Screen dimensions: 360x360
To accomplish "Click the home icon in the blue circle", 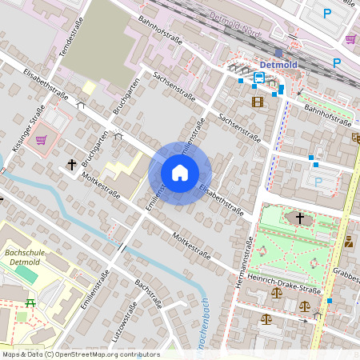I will [x=180, y=173].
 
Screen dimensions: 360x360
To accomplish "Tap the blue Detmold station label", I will [x=278, y=64].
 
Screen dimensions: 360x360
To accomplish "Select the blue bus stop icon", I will [x=259, y=78].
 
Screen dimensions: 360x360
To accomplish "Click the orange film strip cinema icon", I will [x=257, y=102].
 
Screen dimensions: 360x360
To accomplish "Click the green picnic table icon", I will [x=30, y=302].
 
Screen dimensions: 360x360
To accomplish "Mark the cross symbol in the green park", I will [x=300, y=217].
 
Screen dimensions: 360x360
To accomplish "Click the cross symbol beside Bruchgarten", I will [x=72, y=165].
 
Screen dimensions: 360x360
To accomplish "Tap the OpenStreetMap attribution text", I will [x=80, y=354].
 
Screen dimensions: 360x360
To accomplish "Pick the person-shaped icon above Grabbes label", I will [x=349, y=241].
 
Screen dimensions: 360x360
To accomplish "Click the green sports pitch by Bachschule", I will [x=26, y=274].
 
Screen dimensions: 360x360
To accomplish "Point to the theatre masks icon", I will [x=355, y=138].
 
